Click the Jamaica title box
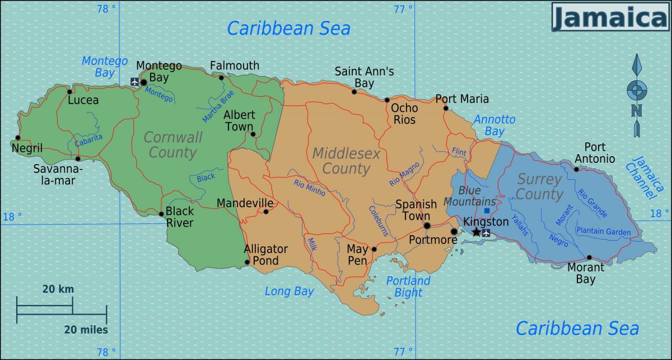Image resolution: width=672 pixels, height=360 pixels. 610,17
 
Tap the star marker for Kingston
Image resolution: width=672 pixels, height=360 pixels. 476,232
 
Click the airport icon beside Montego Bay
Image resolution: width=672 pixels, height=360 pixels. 134,82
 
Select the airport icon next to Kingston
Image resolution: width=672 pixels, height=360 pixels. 486,233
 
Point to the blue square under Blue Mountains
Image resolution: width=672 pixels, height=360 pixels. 487,211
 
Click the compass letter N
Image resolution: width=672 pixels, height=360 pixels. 637,110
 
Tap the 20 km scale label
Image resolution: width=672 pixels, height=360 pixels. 58,289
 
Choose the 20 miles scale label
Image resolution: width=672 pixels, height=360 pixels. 86,330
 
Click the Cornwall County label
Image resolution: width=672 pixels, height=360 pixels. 172,144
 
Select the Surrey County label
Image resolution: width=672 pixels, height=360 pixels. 539,187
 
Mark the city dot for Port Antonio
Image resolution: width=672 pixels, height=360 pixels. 576,169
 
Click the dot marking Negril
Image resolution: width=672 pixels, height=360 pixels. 18,138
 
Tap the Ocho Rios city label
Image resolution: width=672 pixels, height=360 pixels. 404,113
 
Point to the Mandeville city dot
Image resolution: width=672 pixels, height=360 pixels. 266,212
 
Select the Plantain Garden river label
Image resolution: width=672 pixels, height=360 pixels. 603,231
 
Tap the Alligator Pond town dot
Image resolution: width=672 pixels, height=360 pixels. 247,262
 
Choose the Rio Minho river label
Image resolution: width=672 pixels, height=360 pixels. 309,188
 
